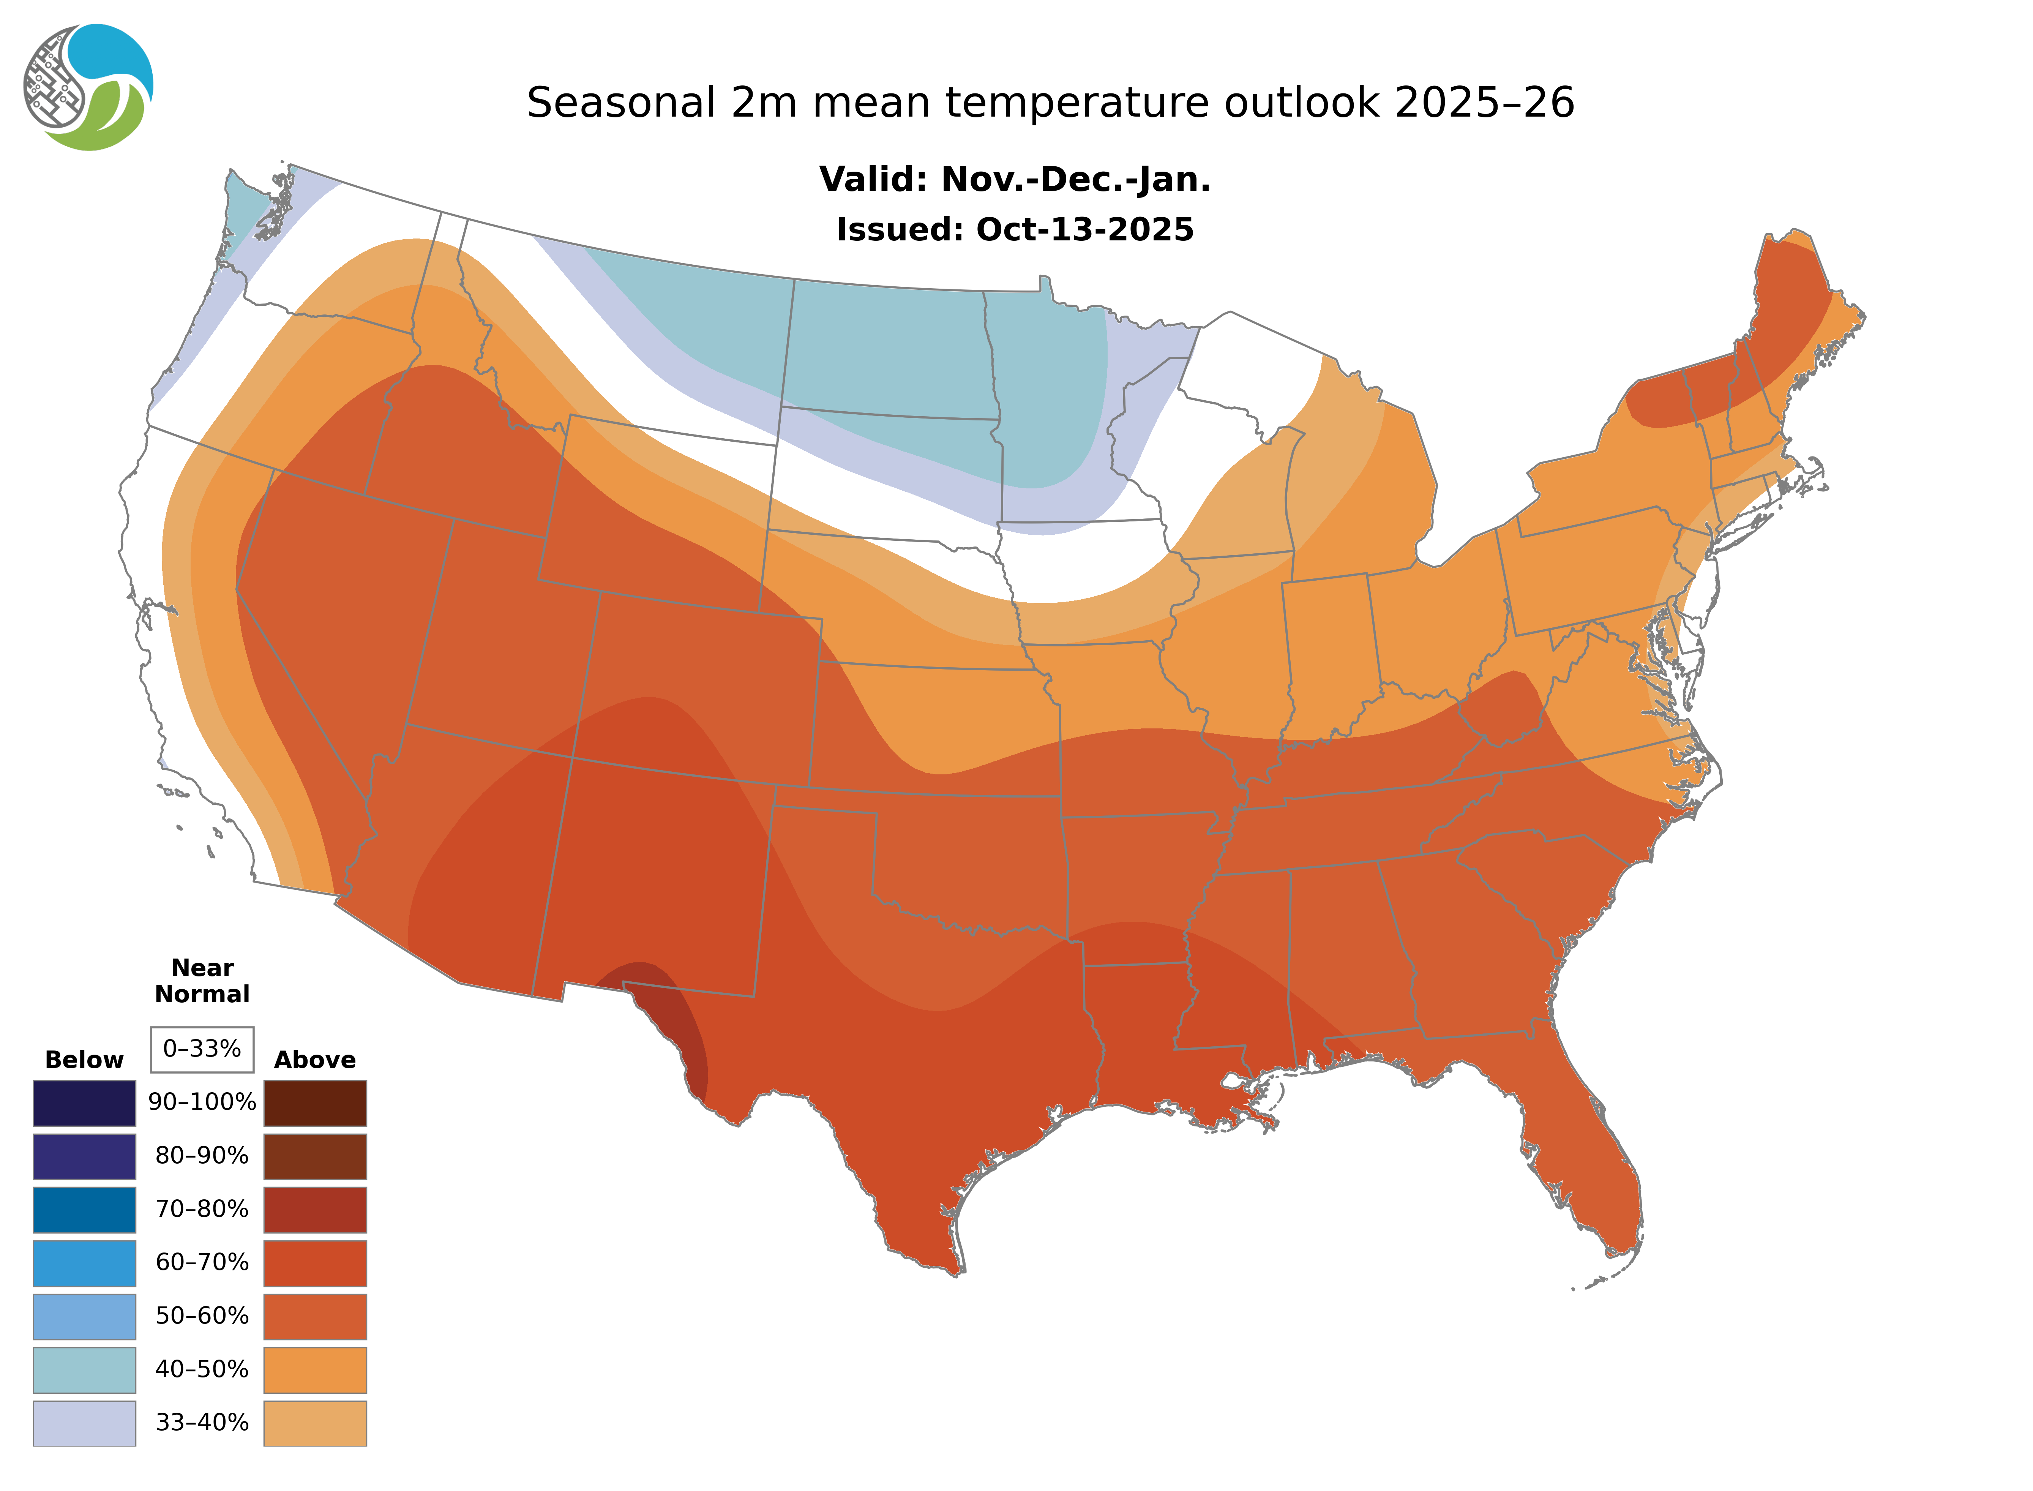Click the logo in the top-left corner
88,88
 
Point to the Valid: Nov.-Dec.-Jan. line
1014,180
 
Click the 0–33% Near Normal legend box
202,1049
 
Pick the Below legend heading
84,1060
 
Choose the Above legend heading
315,1060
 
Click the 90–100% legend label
202,1102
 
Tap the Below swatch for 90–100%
84,1103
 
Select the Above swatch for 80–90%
315,1156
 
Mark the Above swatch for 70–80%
315,1210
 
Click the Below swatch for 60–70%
84,1263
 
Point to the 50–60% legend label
202,1316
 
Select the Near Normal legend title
202,981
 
